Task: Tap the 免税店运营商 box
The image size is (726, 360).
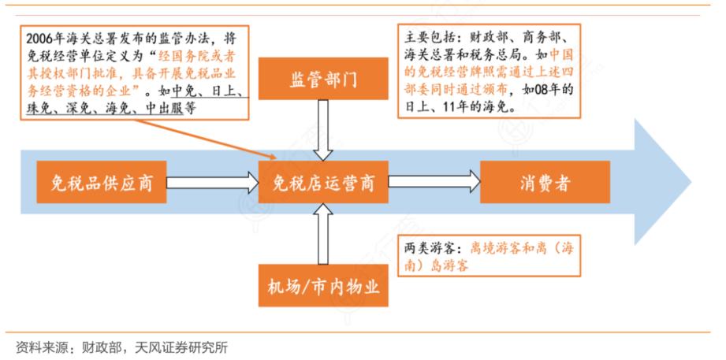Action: coord(323,184)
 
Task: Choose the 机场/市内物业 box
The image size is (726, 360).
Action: coord(324,288)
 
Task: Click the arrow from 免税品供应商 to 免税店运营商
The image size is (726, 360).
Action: coord(212,184)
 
